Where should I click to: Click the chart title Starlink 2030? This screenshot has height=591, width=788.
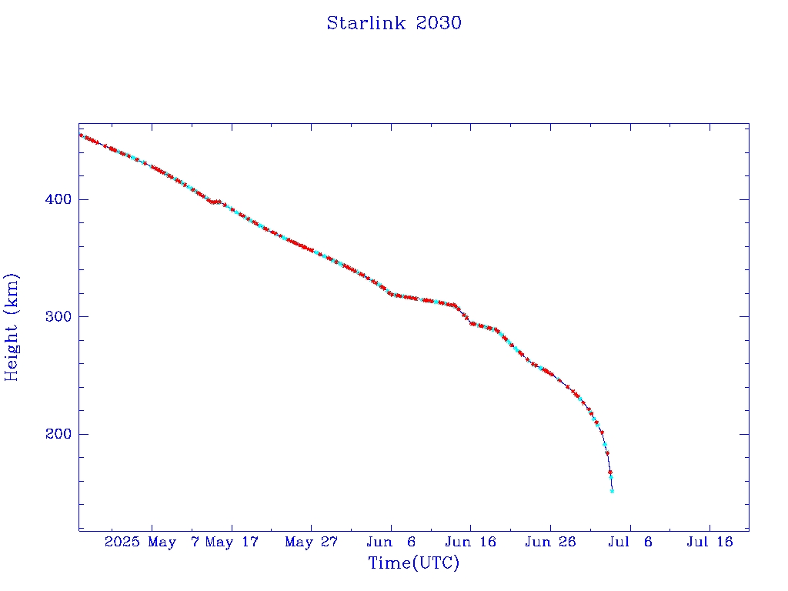[394, 23]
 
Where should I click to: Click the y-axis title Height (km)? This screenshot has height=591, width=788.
[12, 327]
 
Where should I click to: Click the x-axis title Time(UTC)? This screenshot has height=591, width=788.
[414, 563]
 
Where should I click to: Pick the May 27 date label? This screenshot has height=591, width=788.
[311, 543]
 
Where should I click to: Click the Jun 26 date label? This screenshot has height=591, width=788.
[550, 543]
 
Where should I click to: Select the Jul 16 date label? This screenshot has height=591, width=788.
[709, 543]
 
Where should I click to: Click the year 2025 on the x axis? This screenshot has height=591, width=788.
[122, 543]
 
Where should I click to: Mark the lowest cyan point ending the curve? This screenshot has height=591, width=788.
[612, 490]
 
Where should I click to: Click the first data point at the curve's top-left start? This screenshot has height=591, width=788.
[81, 135]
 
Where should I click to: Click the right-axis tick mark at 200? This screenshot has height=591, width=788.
[744, 434]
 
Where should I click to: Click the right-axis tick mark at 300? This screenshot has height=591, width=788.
[744, 316]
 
